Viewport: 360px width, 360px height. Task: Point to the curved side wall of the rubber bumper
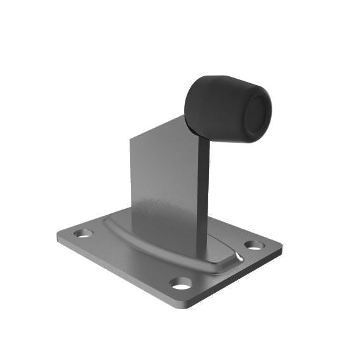tap(213, 102)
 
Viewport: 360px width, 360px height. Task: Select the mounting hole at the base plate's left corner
tap(83, 233)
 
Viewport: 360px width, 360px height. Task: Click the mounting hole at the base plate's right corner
tap(254, 245)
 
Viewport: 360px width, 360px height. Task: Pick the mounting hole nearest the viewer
tap(182, 283)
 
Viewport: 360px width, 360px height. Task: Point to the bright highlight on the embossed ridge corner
tap(238, 257)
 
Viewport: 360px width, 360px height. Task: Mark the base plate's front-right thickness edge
tap(235, 279)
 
